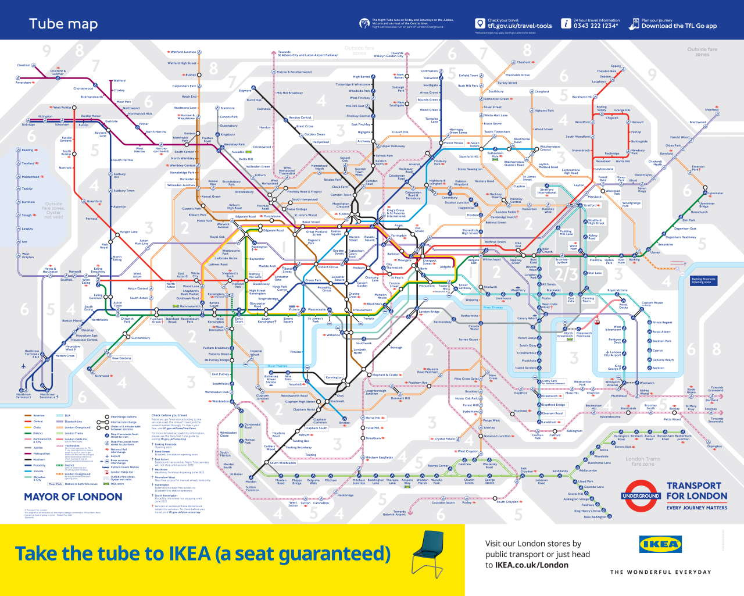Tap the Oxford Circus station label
328,267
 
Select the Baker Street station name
311,222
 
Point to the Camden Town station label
341,195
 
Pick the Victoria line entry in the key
39,472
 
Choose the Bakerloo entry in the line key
39,416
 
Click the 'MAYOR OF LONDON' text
73,497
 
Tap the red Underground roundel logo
641,496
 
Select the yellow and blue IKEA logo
660,544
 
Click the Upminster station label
716,193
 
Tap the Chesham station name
24,65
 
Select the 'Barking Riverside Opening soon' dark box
703,280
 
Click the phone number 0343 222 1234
595,26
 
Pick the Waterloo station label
333,335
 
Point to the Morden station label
251,481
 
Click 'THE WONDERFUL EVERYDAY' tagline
660,572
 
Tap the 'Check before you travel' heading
169,415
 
